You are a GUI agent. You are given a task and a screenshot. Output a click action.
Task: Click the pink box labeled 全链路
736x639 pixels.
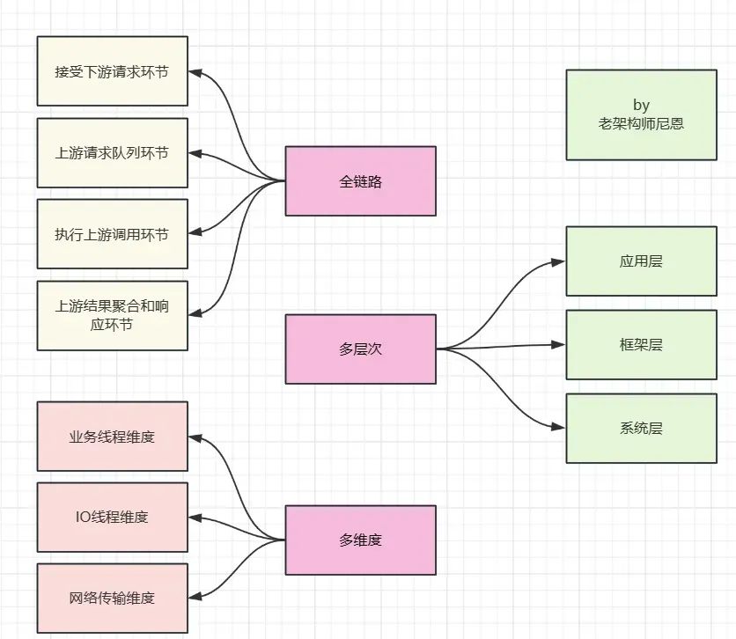(360, 181)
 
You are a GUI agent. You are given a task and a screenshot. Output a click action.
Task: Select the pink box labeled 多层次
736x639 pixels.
(360, 349)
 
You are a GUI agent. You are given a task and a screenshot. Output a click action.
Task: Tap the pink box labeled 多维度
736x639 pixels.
(360, 540)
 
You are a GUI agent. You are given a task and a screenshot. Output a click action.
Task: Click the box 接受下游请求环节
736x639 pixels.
(112, 71)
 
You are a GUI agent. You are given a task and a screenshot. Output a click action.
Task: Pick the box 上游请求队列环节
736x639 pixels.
(112, 153)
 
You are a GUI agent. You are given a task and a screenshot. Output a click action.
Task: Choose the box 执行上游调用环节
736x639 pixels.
(112, 234)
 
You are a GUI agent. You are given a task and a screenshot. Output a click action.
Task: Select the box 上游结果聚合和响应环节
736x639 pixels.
(112, 315)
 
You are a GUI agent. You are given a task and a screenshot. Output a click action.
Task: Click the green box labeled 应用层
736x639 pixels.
(641, 261)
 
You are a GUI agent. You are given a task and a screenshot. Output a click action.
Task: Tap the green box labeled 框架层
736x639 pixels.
(641, 344)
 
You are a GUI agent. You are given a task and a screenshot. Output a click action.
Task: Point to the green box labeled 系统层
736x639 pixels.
(641, 429)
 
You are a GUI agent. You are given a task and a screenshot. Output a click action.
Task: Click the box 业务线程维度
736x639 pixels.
(112, 437)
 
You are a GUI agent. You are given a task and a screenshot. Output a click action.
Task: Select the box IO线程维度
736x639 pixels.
(112, 517)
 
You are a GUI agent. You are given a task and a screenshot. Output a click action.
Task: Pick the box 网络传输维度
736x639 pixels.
(112, 598)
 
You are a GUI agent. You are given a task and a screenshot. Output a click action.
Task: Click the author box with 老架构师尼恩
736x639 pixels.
(641, 115)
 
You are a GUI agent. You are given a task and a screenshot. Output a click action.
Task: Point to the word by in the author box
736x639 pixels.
(641, 106)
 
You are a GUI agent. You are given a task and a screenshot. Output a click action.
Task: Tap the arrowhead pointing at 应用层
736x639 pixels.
(558, 261)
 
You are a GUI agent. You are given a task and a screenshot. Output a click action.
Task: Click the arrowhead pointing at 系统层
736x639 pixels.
(558, 428)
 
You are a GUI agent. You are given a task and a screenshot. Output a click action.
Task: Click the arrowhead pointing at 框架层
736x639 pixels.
(558, 345)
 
